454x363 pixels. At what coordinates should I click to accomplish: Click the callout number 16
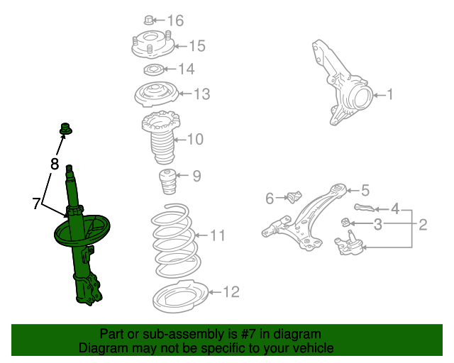[175, 21]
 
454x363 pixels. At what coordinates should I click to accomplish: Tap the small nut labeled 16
[148, 20]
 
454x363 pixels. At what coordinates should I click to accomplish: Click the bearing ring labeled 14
[154, 69]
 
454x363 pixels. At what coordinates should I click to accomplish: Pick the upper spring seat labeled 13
[156, 94]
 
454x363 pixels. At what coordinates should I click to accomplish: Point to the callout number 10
[196, 139]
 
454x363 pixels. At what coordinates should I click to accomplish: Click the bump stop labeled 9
[167, 181]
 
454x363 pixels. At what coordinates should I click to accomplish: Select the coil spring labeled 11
[175, 241]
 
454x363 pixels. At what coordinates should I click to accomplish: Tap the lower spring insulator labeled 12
[180, 296]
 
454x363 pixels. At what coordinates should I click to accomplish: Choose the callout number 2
[423, 225]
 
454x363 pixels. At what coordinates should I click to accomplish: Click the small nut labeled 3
[345, 223]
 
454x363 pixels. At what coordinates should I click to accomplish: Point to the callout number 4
[395, 208]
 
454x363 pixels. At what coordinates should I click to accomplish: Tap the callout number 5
[365, 190]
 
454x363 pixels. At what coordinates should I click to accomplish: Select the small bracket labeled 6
[295, 197]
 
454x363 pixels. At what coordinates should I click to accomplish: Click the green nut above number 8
[66, 129]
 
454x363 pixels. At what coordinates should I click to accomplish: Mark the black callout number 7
[36, 203]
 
